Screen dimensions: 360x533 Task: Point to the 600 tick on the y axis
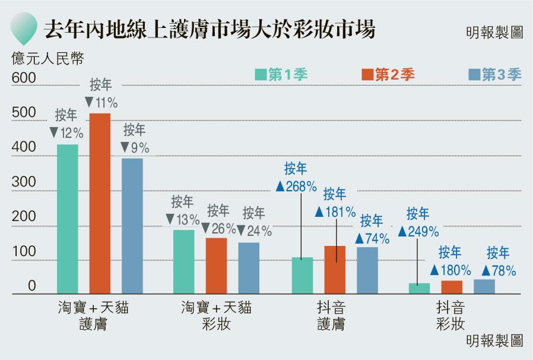coord(24,78)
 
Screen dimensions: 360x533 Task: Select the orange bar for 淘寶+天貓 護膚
coord(100,203)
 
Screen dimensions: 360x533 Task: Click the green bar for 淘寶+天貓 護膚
coord(68,219)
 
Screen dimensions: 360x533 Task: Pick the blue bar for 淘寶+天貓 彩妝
coord(249,268)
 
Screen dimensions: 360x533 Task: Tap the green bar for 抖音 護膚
coord(302,275)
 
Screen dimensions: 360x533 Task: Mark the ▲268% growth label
coord(296,186)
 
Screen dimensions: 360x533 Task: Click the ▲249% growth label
coord(418,230)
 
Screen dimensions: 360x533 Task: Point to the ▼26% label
coord(218,228)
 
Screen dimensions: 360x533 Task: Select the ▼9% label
coord(134,147)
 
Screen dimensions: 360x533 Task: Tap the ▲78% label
coord(497,270)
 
